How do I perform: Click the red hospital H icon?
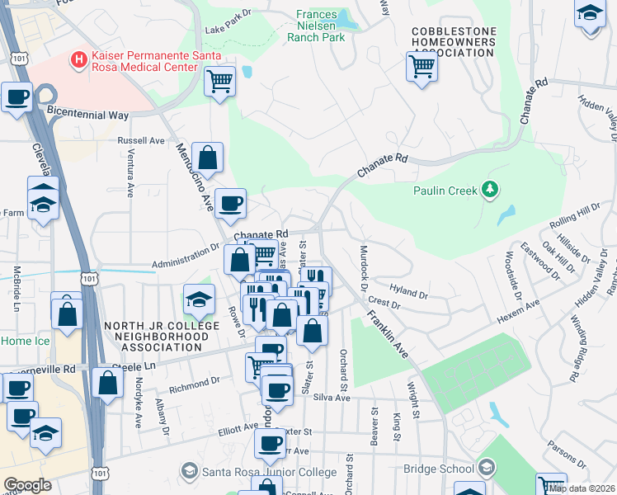point(79,59)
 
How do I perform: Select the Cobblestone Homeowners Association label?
point(454,42)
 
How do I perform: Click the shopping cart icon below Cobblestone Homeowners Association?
point(422,65)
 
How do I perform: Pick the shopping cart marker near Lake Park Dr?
point(220,82)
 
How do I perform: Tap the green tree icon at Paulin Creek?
point(490,191)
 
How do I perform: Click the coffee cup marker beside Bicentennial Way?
point(16,97)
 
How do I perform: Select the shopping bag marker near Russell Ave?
point(210,157)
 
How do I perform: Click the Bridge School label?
point(437,469)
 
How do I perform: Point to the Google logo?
point(27,485)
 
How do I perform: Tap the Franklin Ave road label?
point(388,334)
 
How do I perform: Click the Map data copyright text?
point(581,488)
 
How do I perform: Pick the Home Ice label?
point(25,341)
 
